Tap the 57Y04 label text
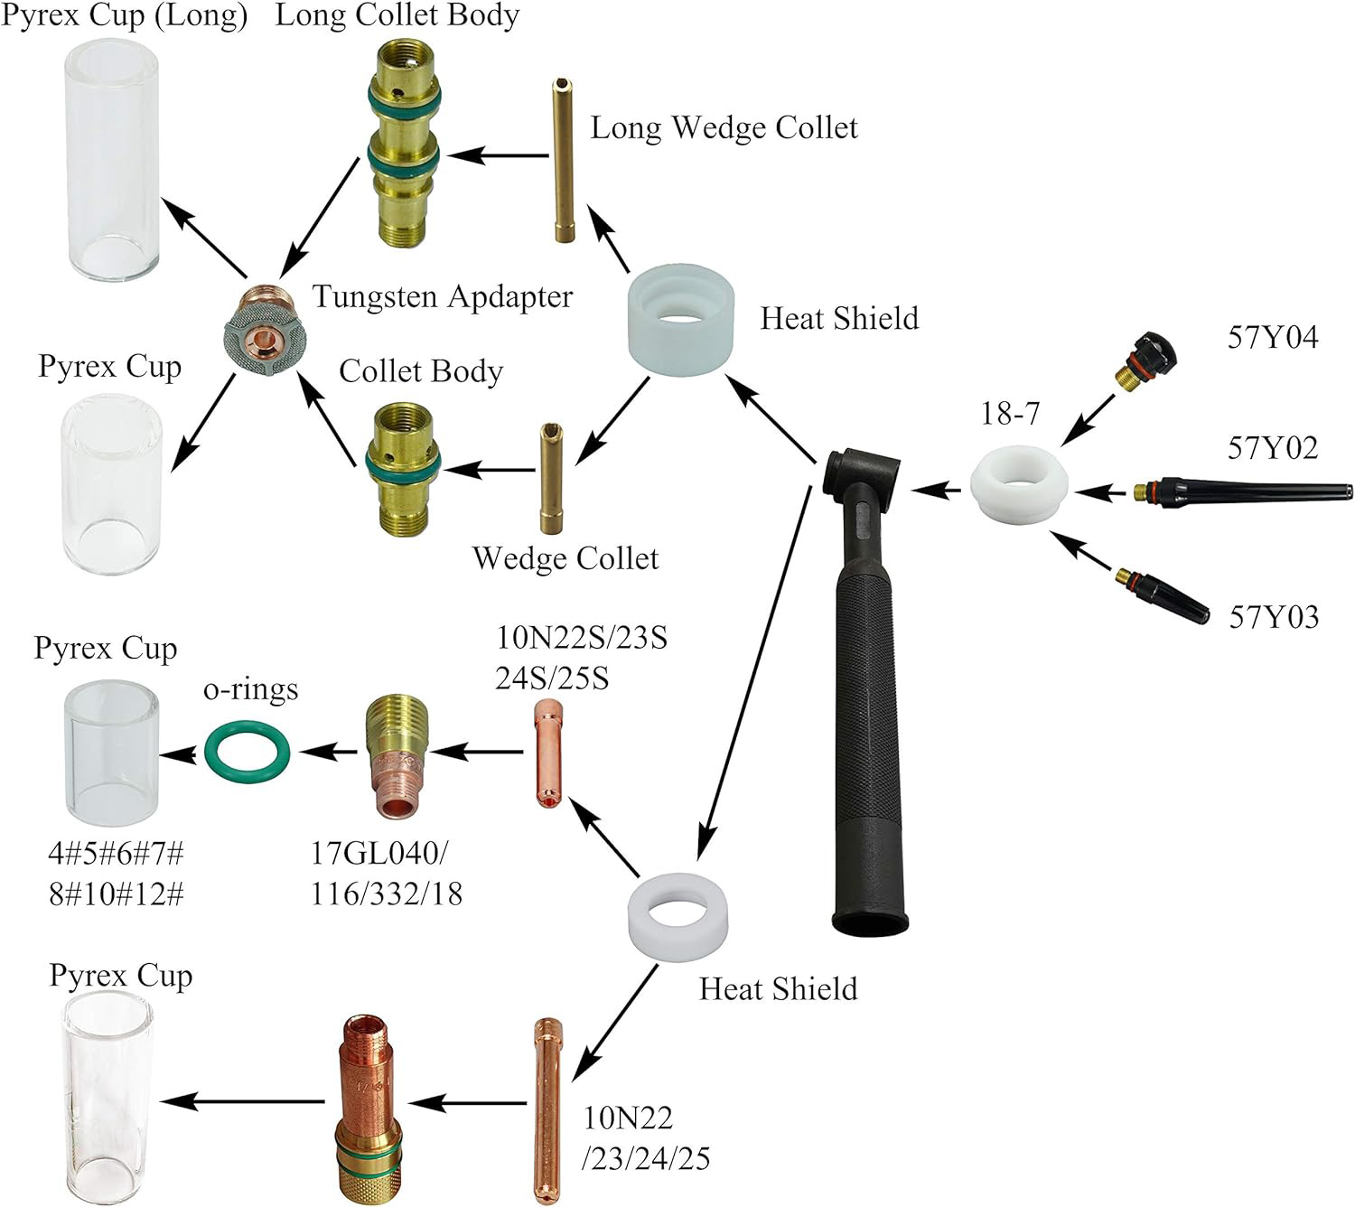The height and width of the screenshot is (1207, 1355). point(1272,338)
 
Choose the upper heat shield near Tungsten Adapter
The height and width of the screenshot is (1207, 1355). point(679,319)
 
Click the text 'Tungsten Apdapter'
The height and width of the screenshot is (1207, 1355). point(443,296)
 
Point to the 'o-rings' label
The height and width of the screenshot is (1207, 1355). point(250,689)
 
